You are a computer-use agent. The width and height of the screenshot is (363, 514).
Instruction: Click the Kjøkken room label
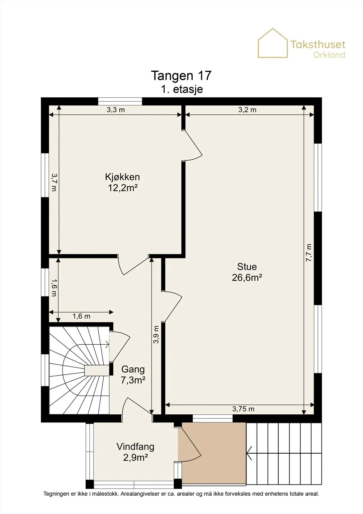point(123,177)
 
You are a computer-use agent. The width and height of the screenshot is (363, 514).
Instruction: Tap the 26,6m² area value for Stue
point(247,278)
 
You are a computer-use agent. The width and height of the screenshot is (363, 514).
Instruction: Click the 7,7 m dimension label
point(309,253)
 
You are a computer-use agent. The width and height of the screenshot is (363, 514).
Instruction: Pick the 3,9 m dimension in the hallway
point(156,334)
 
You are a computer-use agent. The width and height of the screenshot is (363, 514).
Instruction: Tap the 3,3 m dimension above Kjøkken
point(116,110)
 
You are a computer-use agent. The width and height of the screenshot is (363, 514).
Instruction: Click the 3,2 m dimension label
point(247,110)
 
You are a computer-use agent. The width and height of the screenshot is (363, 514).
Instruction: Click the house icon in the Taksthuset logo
point(273,43)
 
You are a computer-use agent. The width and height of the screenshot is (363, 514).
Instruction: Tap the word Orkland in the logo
point(329,55)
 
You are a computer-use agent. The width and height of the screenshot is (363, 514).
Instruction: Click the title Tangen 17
point(181,75)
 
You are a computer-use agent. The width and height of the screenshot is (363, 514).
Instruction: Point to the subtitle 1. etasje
point(182,89)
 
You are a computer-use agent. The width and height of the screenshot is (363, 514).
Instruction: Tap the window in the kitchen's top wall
point(120,101)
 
